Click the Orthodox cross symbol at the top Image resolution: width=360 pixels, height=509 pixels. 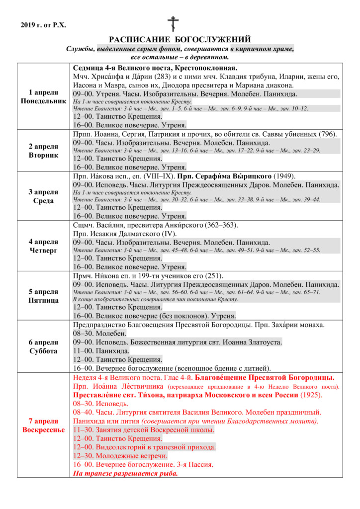click(173, 24)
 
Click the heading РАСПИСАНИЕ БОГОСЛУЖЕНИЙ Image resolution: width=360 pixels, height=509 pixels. click(180, 40)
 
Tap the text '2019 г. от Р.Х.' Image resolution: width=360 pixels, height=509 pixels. click(44, 25)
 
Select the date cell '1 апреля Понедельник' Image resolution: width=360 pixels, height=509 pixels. click(43, 96)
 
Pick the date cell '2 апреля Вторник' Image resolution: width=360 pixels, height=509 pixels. click(43, 151)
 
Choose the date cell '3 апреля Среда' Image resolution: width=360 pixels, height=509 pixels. click(43, 196)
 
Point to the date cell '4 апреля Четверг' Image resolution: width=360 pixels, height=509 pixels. click(43, 246)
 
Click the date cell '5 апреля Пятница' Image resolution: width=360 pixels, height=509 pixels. click(43, 296)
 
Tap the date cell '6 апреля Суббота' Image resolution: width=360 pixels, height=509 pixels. click(43, 346)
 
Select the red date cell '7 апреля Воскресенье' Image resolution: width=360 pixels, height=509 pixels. click(43, 425)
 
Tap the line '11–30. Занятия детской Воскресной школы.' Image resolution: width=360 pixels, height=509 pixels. click(143, 429)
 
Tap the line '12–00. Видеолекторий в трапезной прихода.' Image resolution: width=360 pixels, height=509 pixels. click(144, 447)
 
